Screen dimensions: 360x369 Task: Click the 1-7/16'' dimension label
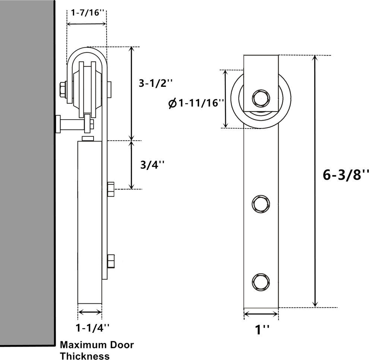[86, 12]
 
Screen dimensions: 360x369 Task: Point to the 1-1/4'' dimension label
[92, 328]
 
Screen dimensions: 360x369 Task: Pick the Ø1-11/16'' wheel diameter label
[196, 103]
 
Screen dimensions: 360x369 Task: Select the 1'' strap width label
[261, 329]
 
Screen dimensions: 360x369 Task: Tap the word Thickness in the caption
[85, 356]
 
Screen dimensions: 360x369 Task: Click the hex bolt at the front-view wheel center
[261, 98]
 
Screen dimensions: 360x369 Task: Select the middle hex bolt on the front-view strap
[261, 203]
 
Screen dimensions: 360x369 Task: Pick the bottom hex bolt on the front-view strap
[261, 281]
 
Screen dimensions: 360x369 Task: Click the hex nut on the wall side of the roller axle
[63, 89]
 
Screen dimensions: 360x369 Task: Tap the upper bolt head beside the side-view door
[111, 189]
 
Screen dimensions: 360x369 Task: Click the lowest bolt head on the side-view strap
[111, 261]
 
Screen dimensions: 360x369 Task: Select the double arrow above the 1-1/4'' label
[89, 312]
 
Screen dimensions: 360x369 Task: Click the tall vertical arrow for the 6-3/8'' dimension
[315, 181]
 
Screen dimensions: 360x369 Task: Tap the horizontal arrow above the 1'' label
[261, 314]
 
